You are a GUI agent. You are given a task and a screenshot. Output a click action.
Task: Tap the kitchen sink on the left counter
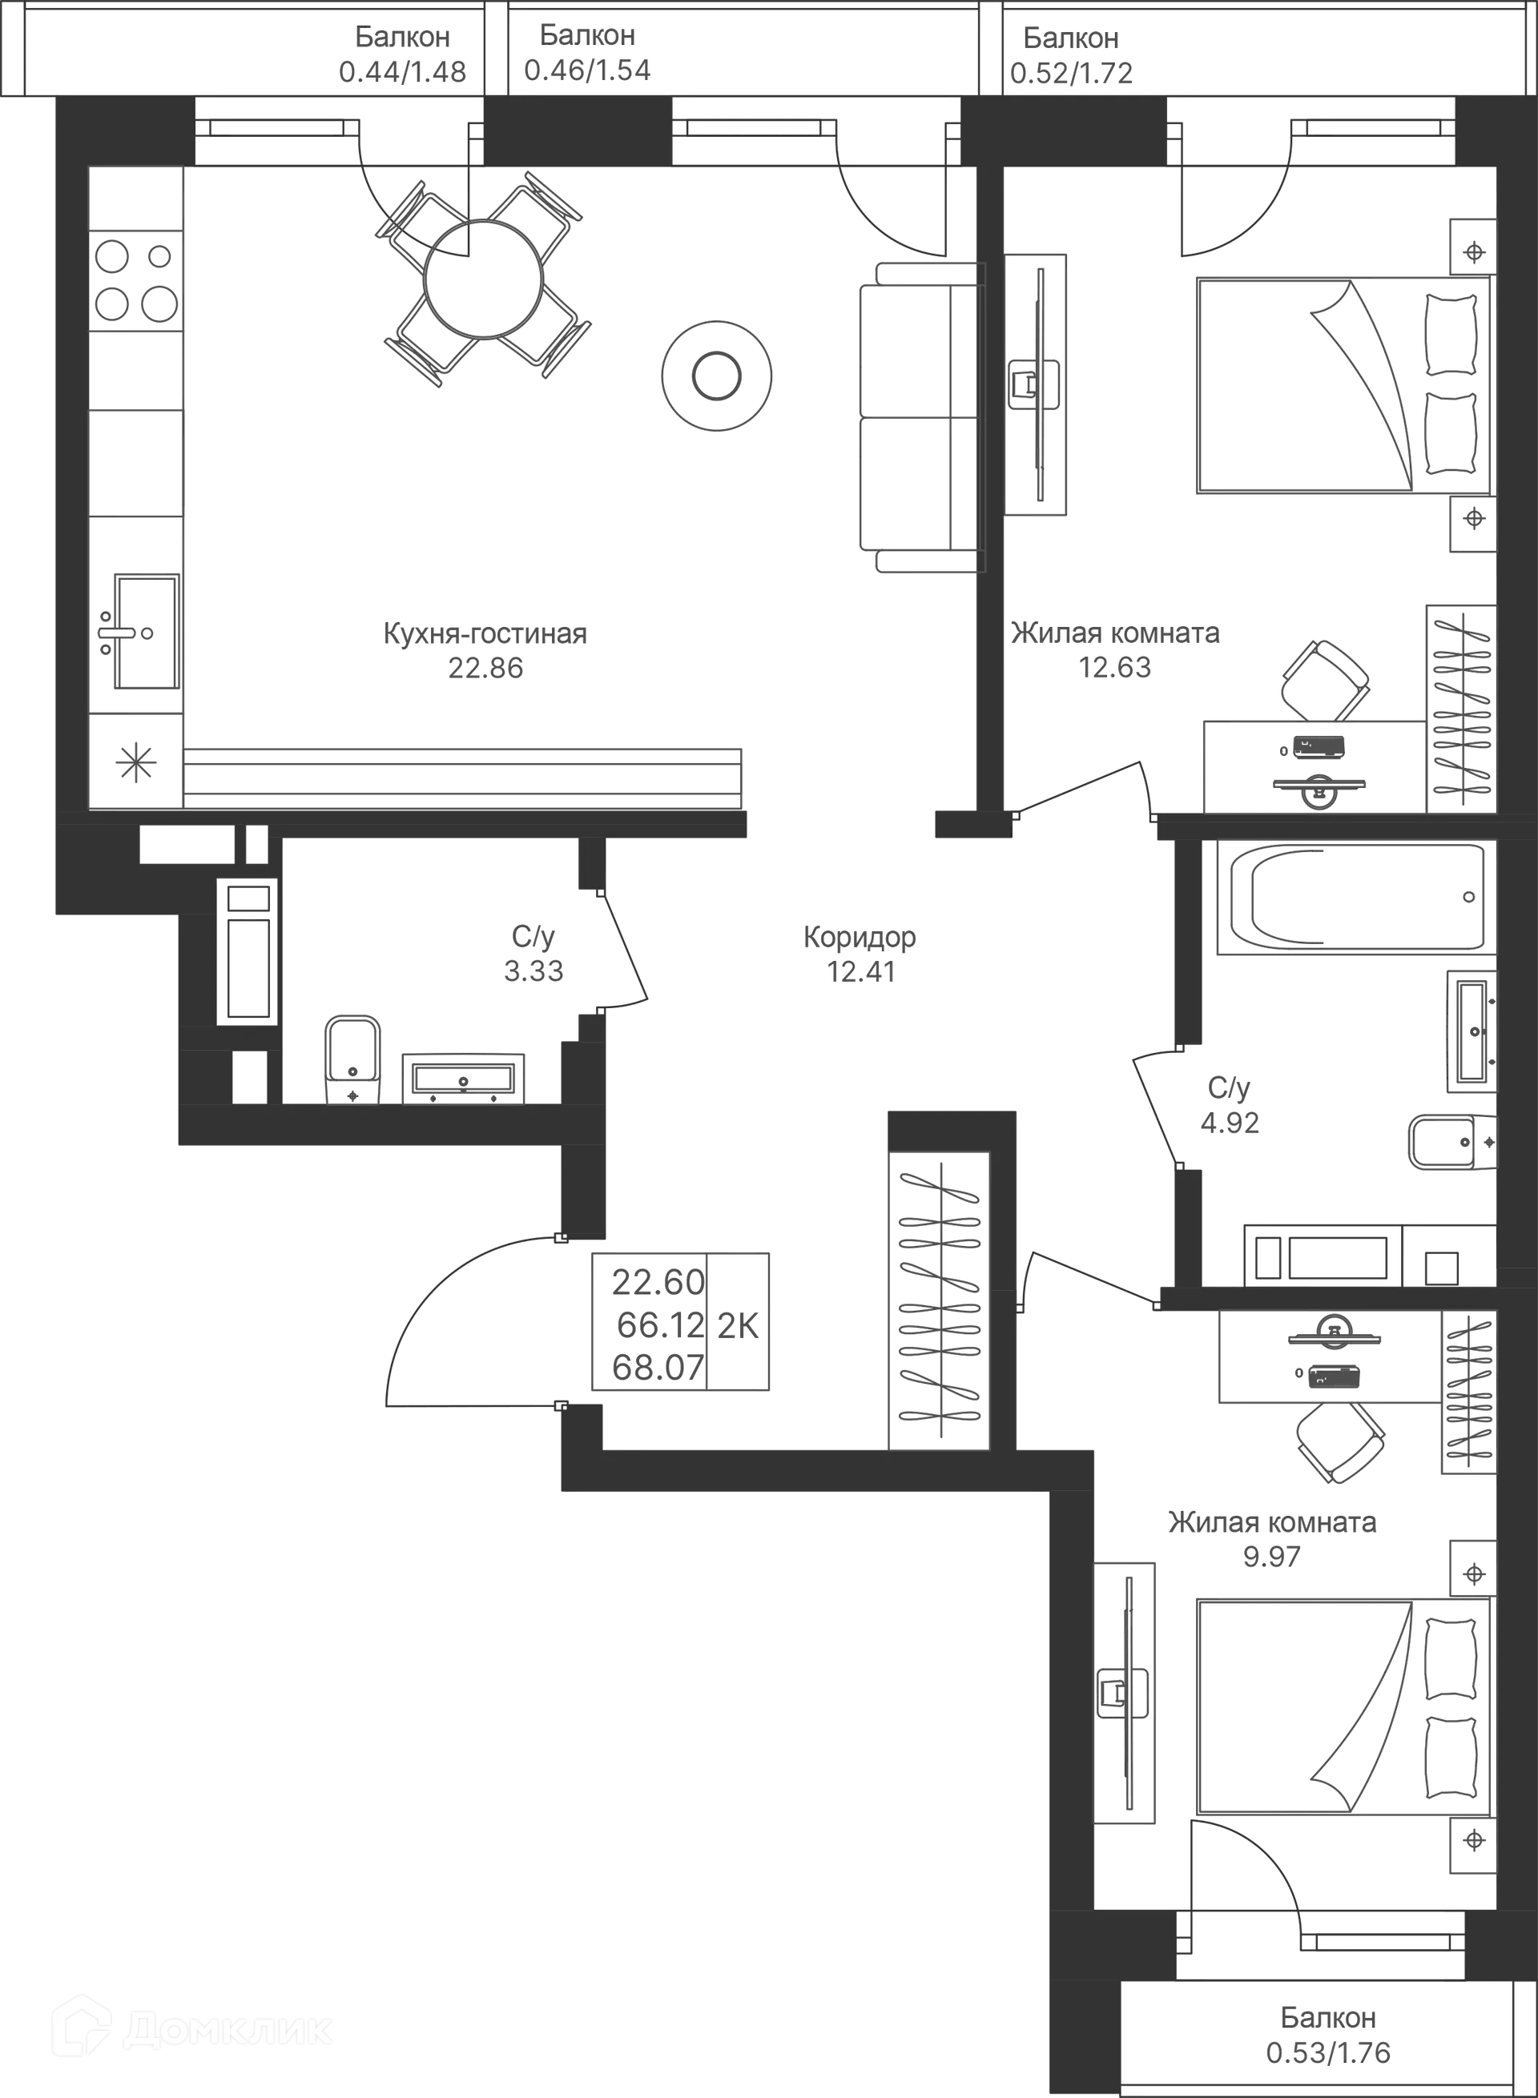coord(143,632)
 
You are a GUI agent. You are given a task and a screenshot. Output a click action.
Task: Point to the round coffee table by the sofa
coord(717,374)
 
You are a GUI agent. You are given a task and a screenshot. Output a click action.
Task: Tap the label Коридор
coord(861,938)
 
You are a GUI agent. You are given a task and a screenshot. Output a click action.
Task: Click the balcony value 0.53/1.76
coord(1327,2052)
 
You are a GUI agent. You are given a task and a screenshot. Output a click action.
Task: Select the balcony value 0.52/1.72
coord(1072,73)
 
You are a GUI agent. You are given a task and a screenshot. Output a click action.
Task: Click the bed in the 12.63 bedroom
coord(1341,384)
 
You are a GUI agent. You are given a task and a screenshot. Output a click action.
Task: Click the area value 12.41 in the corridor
coord(861,974)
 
